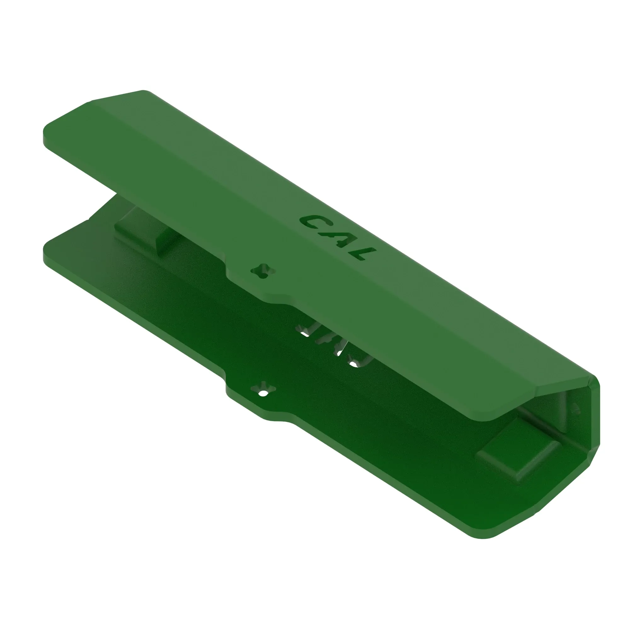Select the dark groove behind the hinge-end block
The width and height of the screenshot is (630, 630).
(541, 424)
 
